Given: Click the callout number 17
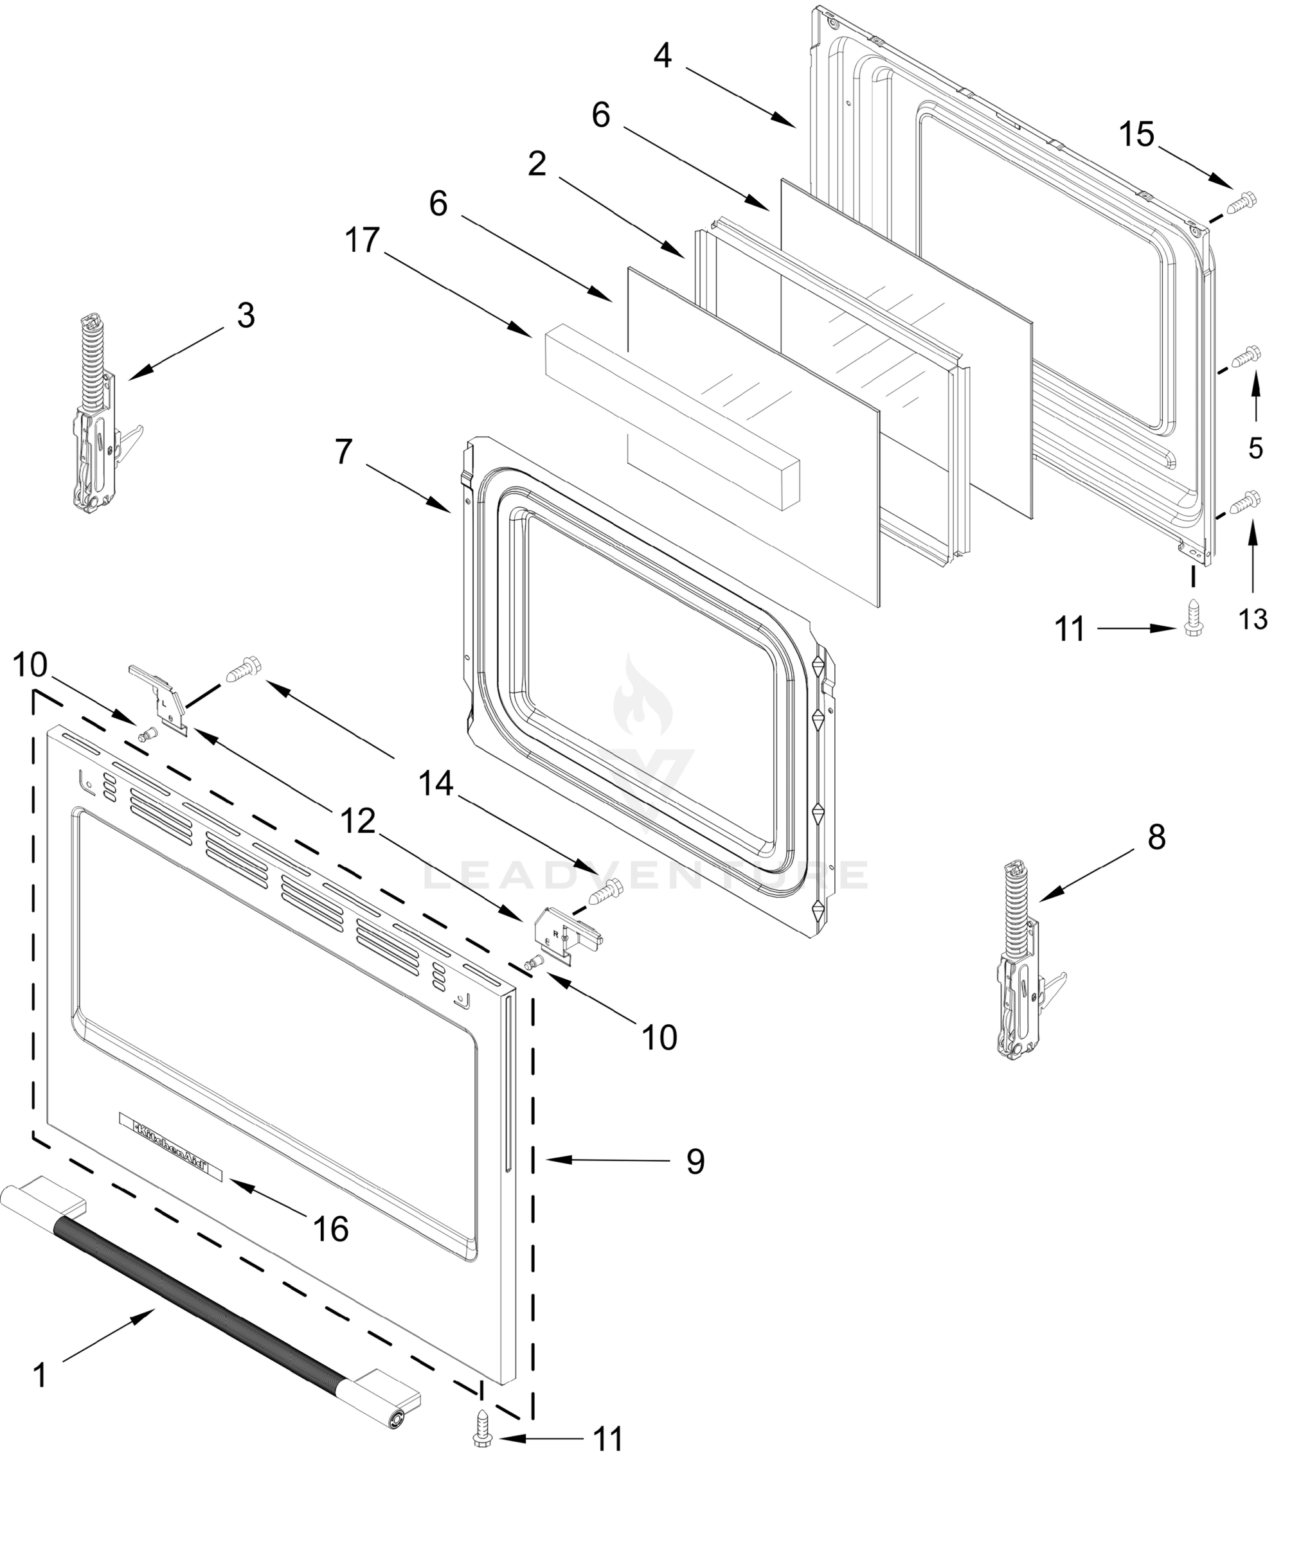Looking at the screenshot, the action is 363,241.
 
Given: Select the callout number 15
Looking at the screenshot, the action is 1137,135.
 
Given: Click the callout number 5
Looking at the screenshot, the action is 1256,448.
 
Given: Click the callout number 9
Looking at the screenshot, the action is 695,1161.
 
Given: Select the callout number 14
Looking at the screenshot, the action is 436,785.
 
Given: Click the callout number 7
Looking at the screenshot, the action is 344,452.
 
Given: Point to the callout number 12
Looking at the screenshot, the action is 357,822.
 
